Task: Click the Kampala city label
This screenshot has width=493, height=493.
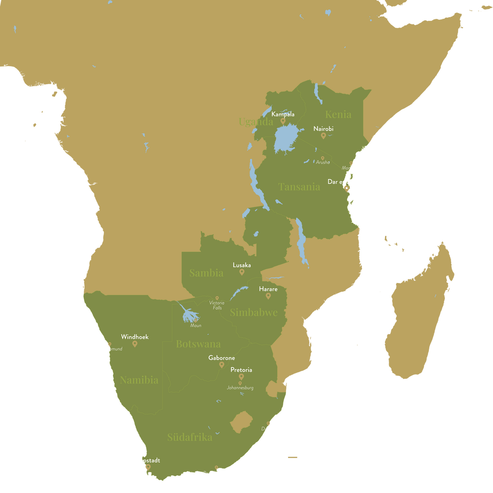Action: (283, 114)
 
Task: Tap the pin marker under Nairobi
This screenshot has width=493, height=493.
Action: (323, 136)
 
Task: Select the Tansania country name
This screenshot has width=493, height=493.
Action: (299, 187)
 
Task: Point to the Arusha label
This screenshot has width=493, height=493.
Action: (323, 162)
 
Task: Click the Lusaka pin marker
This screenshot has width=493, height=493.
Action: (242, 272)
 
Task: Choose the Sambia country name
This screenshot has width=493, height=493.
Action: (206, 273)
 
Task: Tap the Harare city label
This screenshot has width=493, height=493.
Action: (268, 289)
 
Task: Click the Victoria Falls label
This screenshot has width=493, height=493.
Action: (217, 305)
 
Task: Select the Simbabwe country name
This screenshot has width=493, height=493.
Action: (253, 312)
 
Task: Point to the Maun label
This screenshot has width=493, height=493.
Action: (196, 325)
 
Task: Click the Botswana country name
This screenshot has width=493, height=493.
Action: (198, 344)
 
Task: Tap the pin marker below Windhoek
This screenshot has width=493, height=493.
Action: (135, 344)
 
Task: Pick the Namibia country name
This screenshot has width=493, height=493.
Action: (139, 380)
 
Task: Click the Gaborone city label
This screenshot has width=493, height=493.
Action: (221, 358)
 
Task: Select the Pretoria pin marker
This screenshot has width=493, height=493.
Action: (241, 377)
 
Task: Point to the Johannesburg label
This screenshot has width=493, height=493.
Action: (240, 388)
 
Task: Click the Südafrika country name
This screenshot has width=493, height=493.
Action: (189, 437)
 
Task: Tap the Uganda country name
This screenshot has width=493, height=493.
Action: (256, 122)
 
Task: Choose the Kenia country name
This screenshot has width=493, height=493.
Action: (338, 114)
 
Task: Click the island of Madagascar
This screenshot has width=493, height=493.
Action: (419, 312)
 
